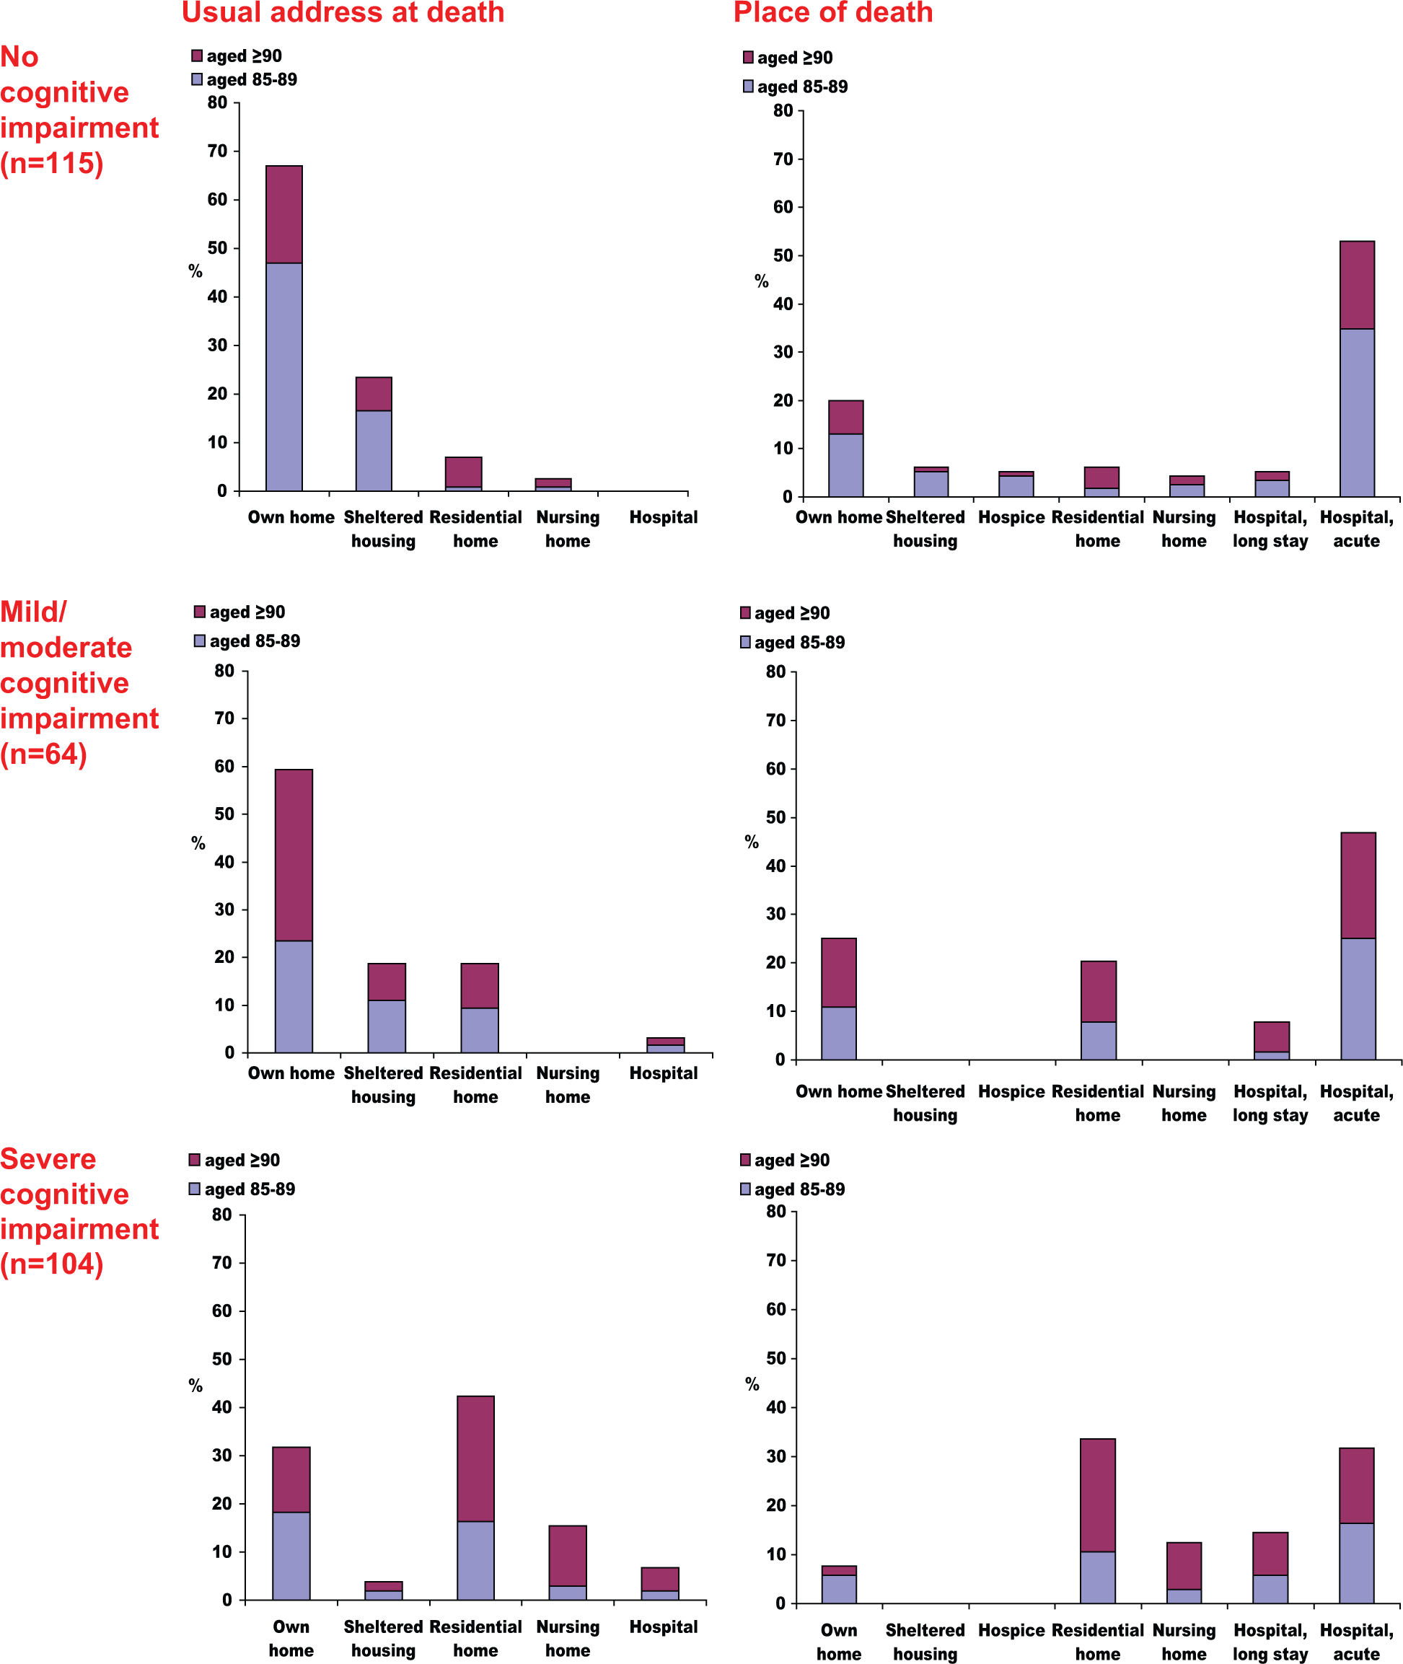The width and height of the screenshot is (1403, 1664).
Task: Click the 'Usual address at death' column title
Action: point(343,13)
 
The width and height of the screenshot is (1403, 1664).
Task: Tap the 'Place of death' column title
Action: point(832,13)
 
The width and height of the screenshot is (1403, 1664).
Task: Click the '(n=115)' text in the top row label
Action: point(52,163)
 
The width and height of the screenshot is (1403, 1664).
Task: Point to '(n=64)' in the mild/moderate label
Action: point(44,753)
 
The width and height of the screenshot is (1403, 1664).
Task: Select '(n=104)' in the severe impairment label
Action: point(52,1263)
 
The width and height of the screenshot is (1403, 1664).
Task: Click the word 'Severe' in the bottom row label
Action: point(48,1159)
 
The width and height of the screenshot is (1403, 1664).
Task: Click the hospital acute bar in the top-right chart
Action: point(1357,369)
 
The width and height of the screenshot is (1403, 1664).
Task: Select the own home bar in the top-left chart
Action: point(284,328)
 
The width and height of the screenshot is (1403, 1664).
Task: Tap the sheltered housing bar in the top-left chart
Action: point(374,434)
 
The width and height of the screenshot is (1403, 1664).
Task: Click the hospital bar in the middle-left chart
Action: point(666,1045)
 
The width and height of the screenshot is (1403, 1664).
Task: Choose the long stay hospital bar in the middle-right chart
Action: point(1272,1040)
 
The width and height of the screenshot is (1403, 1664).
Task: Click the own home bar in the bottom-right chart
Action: point(839,1585)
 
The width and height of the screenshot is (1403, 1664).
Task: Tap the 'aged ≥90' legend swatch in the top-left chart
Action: point(197,56)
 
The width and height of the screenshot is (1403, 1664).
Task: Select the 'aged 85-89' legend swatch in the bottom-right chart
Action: point(745,1189)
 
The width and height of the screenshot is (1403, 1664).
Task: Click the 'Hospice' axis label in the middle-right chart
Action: point(1012,1091)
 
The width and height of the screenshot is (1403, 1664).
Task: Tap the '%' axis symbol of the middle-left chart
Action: point(198,843)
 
